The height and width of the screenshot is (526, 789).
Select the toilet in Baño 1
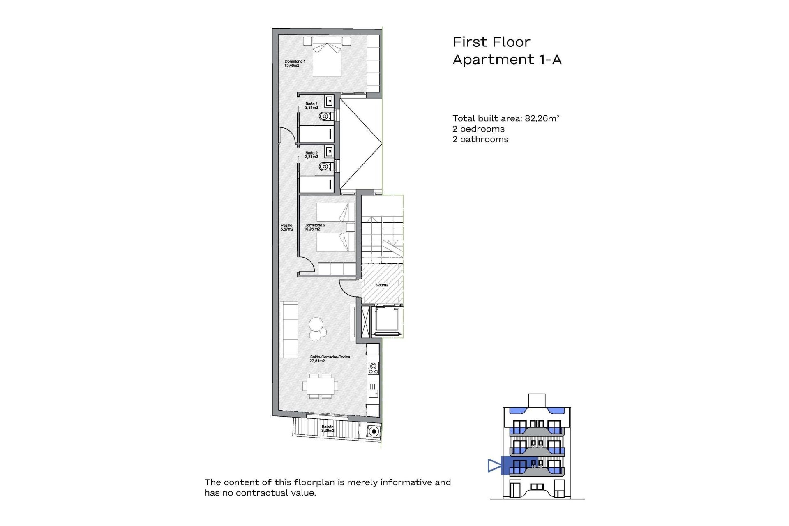click(x=325, y=117)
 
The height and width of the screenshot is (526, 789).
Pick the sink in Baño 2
click(x=329, y=152)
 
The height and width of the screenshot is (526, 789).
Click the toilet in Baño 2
click(x=325, y=166)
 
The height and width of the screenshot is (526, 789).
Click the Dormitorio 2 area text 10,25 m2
click(x=312, y=229)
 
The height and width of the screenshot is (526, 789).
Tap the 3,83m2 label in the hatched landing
click(x=381, y=285)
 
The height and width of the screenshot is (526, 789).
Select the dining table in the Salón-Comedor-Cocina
click(x=321, y=386)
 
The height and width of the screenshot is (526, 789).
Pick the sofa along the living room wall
click(x=289, y=329)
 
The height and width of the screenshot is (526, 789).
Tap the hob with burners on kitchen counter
click(x=373, y=368)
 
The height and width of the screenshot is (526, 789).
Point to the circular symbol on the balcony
click(x=373, y=431)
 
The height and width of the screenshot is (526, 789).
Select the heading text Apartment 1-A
click(x=507, y=60)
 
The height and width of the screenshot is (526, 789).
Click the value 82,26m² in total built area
click(x=542, y=118)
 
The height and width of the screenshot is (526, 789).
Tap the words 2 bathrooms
click(x=480, y=139)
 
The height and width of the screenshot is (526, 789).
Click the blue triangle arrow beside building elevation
click(x=494, y=466)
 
